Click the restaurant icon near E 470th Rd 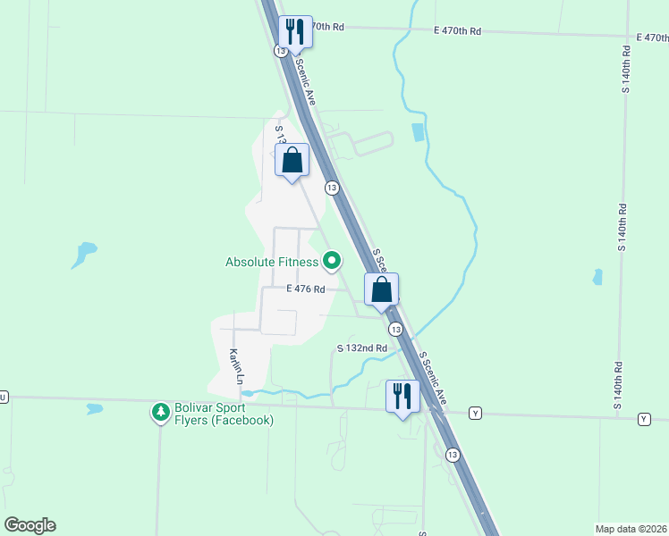coord(295,32)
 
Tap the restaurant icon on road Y coord(402,397)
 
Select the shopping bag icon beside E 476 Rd coord(381,289)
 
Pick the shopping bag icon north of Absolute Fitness coord(292,161)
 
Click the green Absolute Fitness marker coord(332,262)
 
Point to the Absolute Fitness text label coord(272,262)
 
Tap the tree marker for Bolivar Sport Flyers coord(160,412)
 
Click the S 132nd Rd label coord(361,348)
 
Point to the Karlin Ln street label coord(235,366)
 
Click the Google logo coord(30,525)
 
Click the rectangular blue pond coord(418,132)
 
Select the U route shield coord(3,396)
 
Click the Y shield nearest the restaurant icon coord(475,413)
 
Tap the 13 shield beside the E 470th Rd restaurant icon coord(281,52)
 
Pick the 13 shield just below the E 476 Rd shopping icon coord(395,330)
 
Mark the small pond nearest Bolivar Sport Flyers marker coord(95,409)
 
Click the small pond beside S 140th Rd coord(597,277)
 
